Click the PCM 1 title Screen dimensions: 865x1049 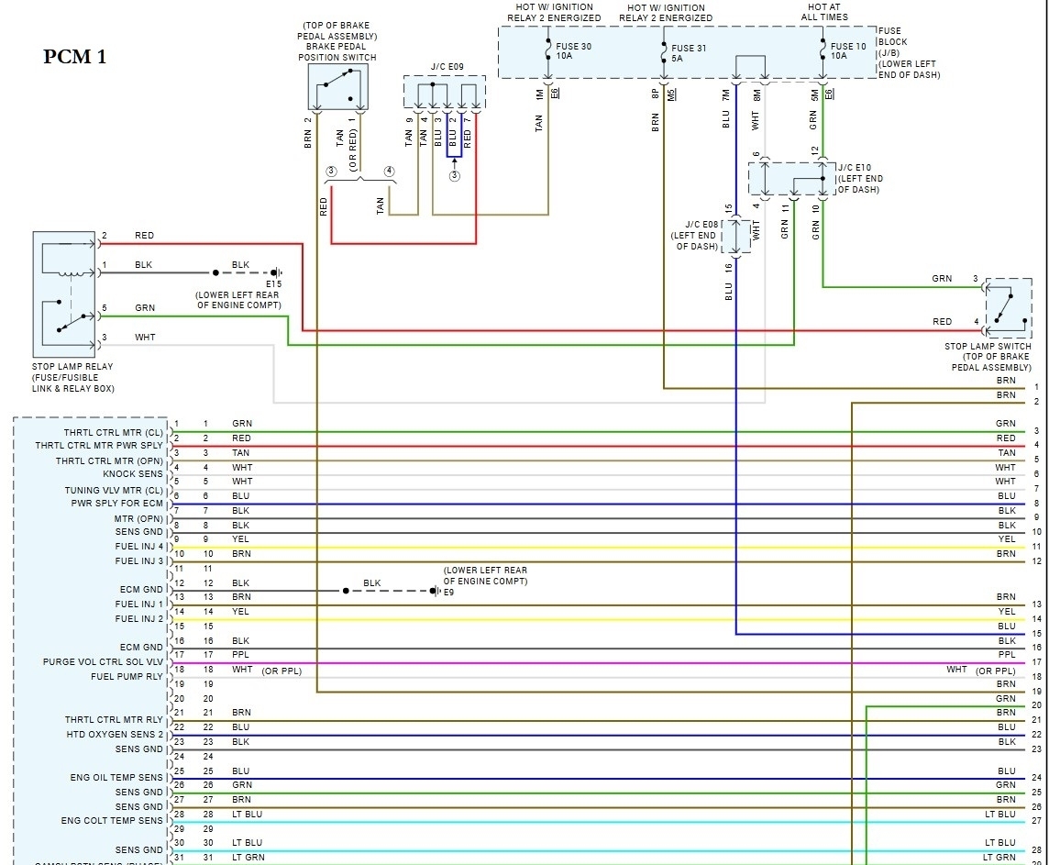click(x=75, y=57)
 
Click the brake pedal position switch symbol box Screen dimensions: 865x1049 click(x=337, y=88)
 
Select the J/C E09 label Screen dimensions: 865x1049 click(x=447, y=66)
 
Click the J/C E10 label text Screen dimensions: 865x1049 click(x=860, y=179)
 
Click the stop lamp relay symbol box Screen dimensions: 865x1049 click(x=64, y=294)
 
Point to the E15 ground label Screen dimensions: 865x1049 click(x=274, y=284)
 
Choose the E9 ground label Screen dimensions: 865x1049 click(x=449, y=592)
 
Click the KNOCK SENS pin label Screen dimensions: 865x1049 click(x=133, y=474)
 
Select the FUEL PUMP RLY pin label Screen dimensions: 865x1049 click(x=127, y=677)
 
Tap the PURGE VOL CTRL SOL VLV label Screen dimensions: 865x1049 click(x=103, y=662)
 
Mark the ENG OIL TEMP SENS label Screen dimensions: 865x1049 click(x=116, y=778)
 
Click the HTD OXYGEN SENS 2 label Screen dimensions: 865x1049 click(x=115, y=735)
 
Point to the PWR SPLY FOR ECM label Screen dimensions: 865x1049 click(x=117, y=504)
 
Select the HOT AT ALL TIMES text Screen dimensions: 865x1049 click(x=823, y=12)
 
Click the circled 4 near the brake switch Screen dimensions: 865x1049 click(x=390, y=171)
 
